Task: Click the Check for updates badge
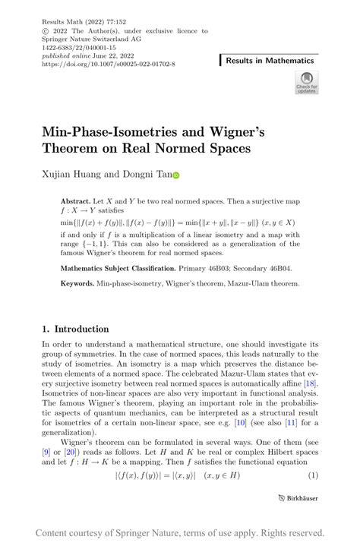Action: click(307, 82)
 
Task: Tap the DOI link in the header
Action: click(109, 65)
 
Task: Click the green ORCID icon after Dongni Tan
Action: click(176, 175)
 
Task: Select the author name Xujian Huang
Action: click(74, 174)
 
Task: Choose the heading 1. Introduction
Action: click(76, 329)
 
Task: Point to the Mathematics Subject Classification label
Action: click(129, 268)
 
